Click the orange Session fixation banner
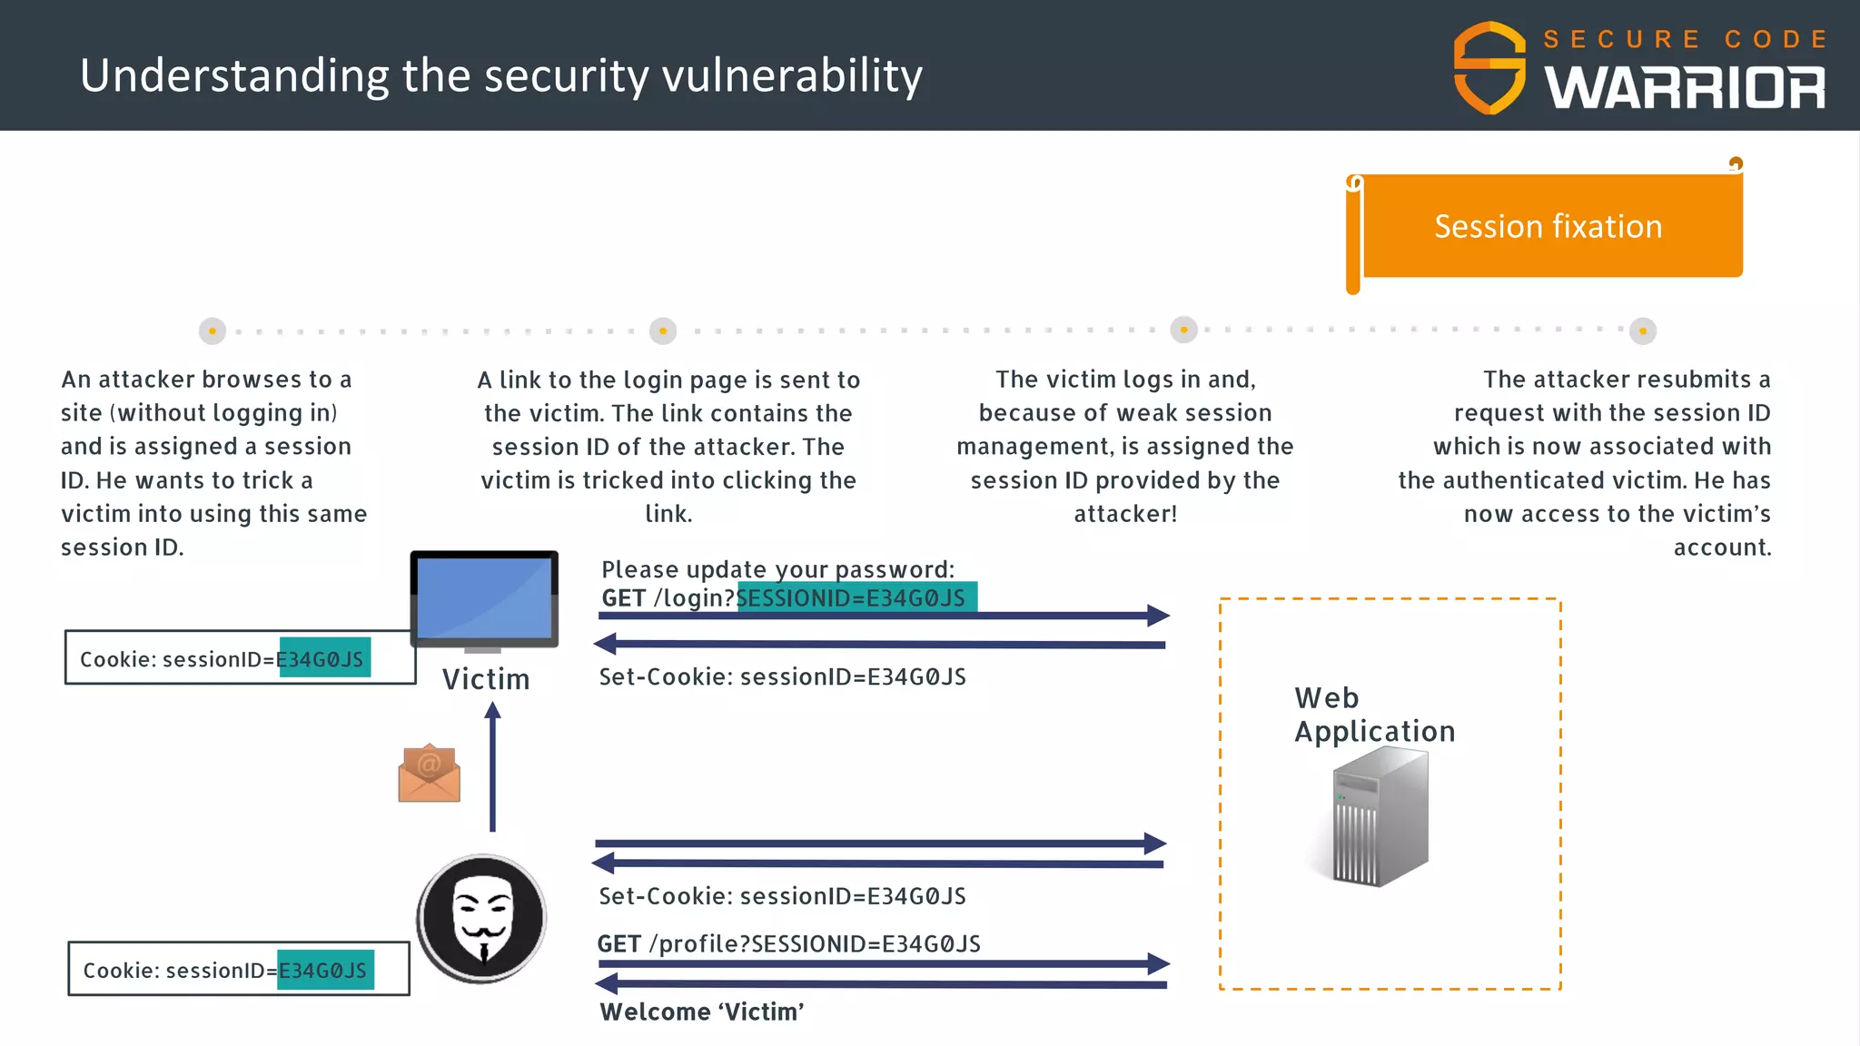[1548, 226]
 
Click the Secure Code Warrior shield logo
[1489, 68]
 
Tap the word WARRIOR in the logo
[1685, 89]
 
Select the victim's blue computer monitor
[484, 599]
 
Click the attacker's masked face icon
[482, 918]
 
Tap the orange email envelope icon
[429, 774]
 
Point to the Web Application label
[1374, 715]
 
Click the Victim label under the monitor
[486, 679]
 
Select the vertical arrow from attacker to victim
[492, 767]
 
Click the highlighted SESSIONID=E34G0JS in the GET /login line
[856, 597]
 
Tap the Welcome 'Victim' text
[702, 1011]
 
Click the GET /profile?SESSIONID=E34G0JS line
[788, 944]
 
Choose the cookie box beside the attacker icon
[238, 970]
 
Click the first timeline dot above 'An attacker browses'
[212, 331]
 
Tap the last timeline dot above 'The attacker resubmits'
[1642, 331]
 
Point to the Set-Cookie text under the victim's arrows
[782, 677]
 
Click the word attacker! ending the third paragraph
[1125, 514]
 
